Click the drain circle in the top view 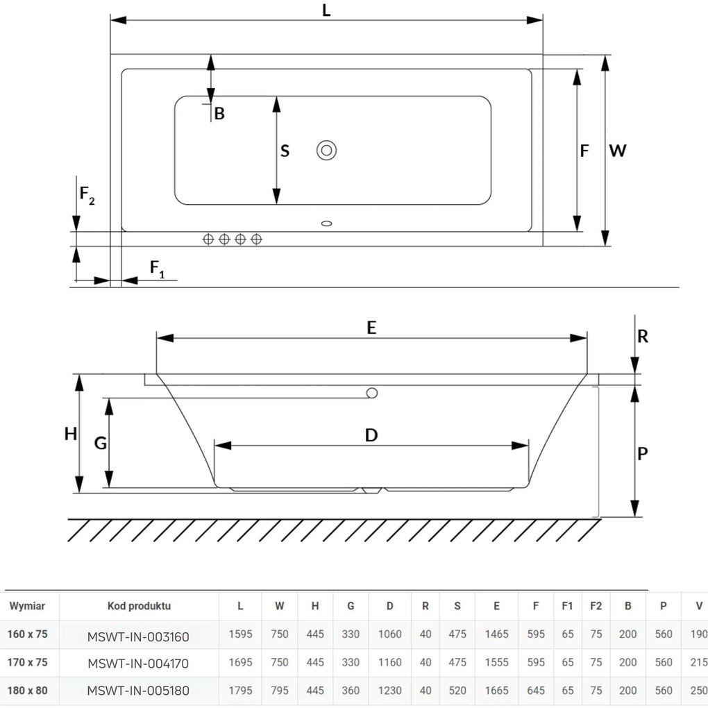(326, 151)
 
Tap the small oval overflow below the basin (326, 223)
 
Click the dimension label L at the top (326, 10)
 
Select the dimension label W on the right (618, 151)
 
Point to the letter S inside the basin (285, 151)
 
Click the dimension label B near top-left (219, 113)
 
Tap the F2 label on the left (87, 194)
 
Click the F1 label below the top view (157, 269)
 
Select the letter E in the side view (371, 328)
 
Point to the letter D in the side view (371, 435)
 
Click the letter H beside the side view (70, 434)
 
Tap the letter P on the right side (643, 453)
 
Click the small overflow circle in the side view (372, 393)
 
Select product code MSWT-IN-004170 (138, 664)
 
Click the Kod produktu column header (139, 606)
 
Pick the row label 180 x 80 (27, 691)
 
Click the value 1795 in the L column (240, 691)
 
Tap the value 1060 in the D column (389, 634)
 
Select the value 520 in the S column (457, 691)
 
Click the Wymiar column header (27, 606)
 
